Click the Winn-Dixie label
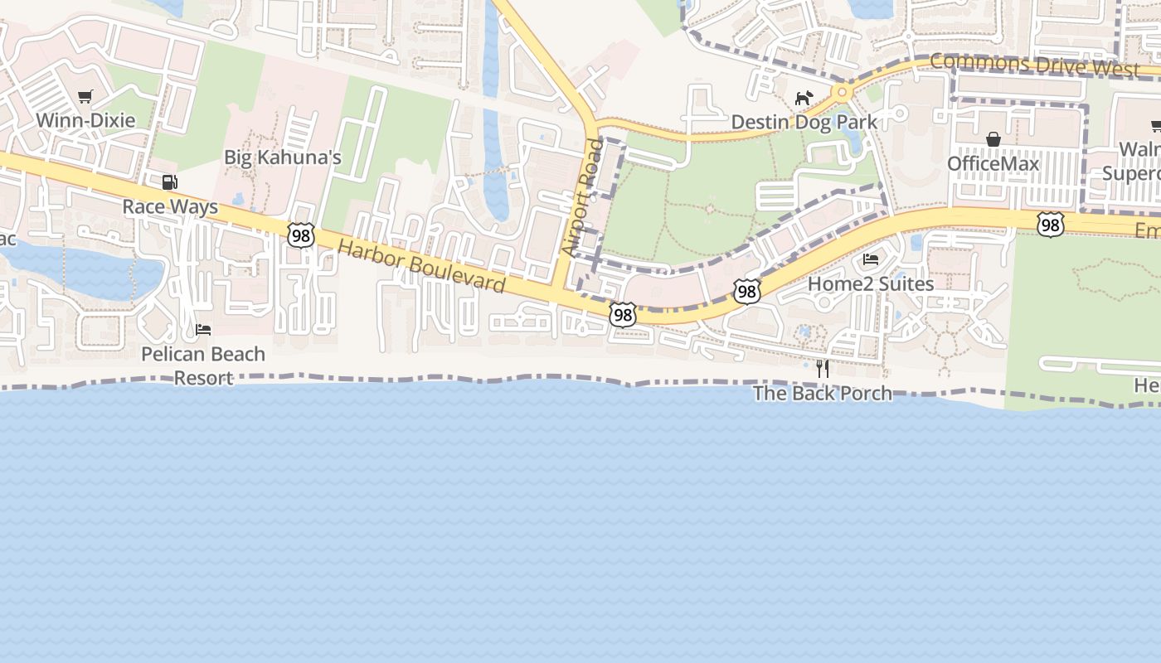tap(85, 120)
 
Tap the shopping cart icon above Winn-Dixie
tap(85, 97)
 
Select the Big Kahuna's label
tap(283, 157)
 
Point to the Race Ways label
tap(170, 206)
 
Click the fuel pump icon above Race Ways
tap(169, 182)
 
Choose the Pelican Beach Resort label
tap(203, 365)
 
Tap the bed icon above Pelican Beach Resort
tap(203, 330)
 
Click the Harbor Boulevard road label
tap(421, 267)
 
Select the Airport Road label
tap(583, 197)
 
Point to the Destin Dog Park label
tap(804, 123)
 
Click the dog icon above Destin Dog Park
tap(804, 99)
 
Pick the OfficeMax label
tap(993, 163)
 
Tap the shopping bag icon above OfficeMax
tap(993, 139)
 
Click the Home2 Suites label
tap(871, 283)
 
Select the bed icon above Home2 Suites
tap(871, 259)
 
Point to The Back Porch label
tap(823, 393)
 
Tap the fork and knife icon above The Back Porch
tap(823, 368)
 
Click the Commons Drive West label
tap(1034, 65)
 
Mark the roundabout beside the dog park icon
tap(843, 91)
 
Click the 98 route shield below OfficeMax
tap(1050, 225)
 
